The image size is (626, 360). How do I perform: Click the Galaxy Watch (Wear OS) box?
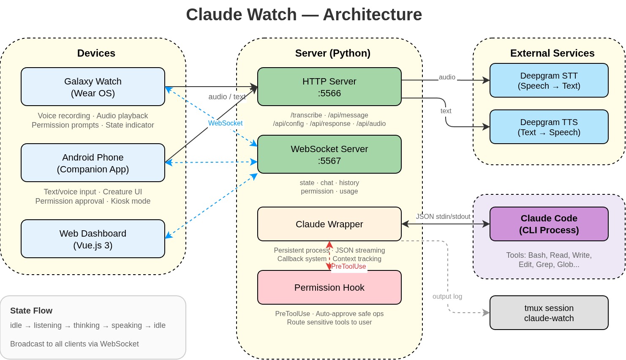coord(93,87)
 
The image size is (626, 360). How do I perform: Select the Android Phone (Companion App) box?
coord(93,163)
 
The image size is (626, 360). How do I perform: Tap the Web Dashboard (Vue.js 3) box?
coord(93,239)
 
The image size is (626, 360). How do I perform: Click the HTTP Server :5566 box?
coord(329,87)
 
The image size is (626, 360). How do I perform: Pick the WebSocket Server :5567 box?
coord(329,154)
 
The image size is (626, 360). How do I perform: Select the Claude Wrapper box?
coord(329,224)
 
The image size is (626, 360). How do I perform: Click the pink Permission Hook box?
coord(329,287)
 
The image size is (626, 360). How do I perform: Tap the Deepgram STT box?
coord(549,80)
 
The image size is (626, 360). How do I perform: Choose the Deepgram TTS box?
coord(549,127)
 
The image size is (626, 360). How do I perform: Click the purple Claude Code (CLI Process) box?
coord(549,224)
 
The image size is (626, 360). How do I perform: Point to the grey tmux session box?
coord(549,313)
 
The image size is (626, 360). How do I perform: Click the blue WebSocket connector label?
coord(225,123)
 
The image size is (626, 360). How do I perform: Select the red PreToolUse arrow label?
coord(348,266)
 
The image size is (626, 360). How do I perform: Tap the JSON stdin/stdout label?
coord(443,216)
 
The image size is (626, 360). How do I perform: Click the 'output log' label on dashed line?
coord(447,296)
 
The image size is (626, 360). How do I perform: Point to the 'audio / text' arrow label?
coord(227,97)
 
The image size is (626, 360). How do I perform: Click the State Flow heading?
coord(31,311)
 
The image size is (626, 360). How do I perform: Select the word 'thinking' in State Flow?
coord(87,325)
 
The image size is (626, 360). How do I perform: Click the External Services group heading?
coord(552,53)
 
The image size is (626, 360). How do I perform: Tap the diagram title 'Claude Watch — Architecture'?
coord(304,15)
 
